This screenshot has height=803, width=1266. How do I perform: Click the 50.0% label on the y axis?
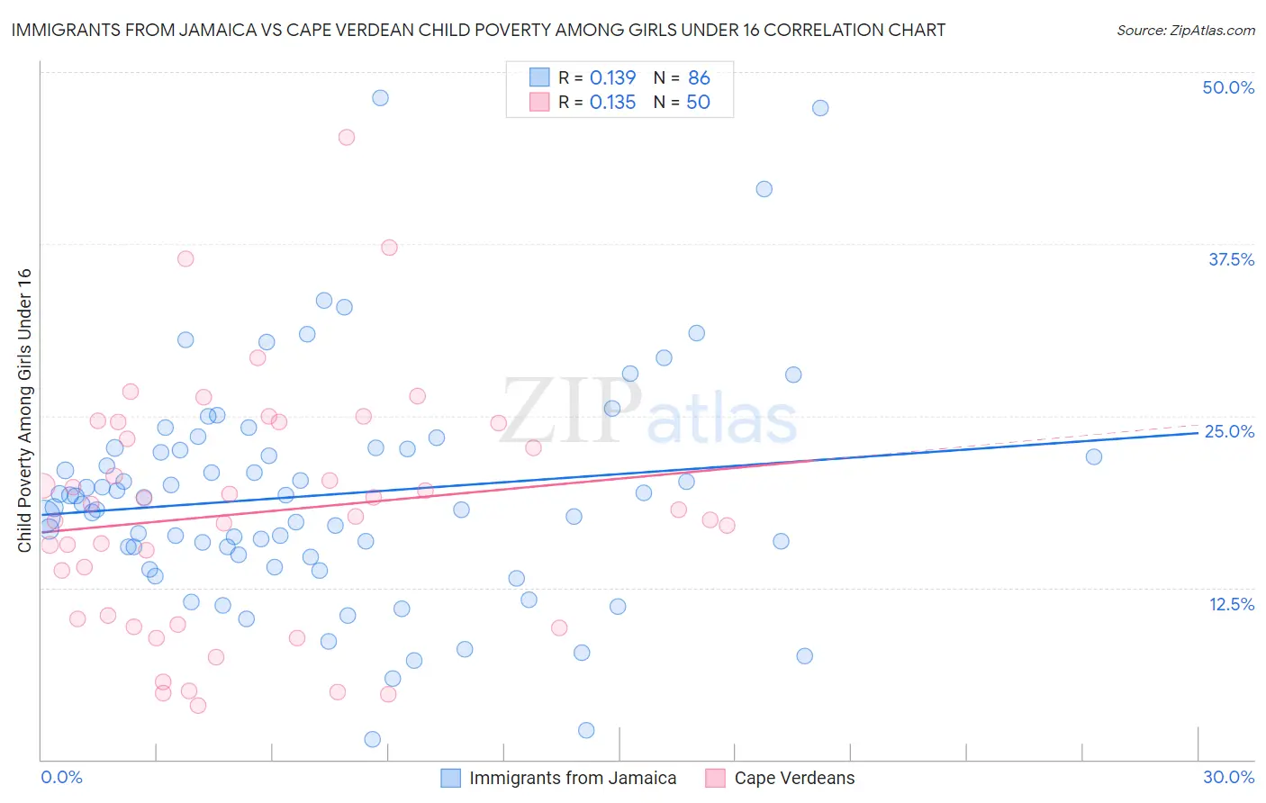(x=1228, y=87)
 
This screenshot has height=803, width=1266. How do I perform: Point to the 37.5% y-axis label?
(x=1231, y=259)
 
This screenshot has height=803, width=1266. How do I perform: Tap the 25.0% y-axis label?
(x=1229, y=431)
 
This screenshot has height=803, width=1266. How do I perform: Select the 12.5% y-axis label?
(x=1231, y=604)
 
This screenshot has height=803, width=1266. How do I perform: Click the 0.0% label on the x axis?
(x=61, y=777)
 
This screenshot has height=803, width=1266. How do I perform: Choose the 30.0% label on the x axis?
(x=1228, y=777)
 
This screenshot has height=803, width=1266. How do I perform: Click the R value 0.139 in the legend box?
(x=612, y=77)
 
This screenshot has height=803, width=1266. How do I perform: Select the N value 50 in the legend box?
(x=698, y=102)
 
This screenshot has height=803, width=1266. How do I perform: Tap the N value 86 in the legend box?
(x=699, y=77)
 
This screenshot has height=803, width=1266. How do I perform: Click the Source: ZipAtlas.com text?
(x=1185, y=30)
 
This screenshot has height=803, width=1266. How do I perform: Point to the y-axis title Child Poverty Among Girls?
(x=24, y=410)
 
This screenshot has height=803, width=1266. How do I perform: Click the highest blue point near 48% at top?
(x=380, y=97)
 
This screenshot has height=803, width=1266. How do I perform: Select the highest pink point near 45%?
(x=346, y=137)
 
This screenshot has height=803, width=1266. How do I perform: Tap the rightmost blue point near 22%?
(x=1093, y=456)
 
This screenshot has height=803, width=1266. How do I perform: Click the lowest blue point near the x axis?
(x=372, y=739)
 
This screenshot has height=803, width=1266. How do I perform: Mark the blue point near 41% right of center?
(x=764, y=189)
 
